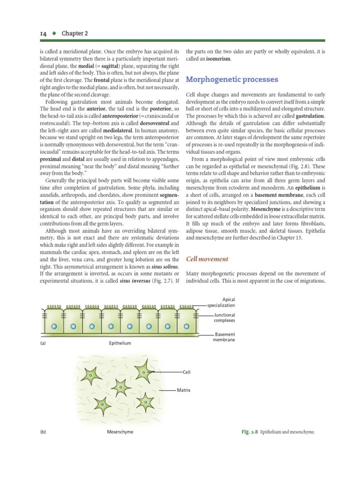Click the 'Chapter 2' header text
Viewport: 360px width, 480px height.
61,34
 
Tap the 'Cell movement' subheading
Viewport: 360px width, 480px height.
207,259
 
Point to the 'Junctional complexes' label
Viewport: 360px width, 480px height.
224,318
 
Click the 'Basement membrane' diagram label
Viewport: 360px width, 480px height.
225,337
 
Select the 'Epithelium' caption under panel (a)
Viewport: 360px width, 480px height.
120,343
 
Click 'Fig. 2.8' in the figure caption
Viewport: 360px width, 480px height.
249,432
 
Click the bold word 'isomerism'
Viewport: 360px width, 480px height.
217,59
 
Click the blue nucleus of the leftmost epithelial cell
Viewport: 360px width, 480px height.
54,326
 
